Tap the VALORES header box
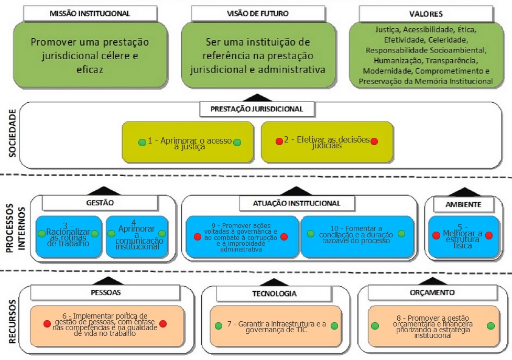(426, 14)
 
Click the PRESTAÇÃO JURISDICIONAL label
(257, 110)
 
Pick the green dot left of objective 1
(141, 142)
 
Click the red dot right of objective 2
(374, 141)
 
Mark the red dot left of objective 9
(197, 237)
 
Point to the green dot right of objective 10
(401, 233)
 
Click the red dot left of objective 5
(435, 235)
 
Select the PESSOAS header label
(107, 292)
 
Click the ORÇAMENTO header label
(432, 292)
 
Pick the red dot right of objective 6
(163, 324)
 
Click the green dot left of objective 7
(219, 326)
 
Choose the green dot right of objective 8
(491, 326)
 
